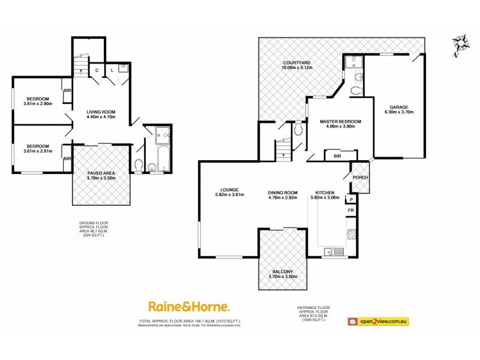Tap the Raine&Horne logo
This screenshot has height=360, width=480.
click(189, 307)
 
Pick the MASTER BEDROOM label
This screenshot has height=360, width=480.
click(341, 120)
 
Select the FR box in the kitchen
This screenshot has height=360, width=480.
click(350, 211)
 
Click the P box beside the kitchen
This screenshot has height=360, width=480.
click(350, 199)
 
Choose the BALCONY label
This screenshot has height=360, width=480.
click(281, 272)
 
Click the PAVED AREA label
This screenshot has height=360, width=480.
click(101, 173)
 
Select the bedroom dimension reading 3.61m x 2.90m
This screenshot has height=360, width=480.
click(38, 104)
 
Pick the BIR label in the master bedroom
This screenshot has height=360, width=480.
click(337, 156)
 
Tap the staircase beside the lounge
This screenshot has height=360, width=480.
click(282, 148)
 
